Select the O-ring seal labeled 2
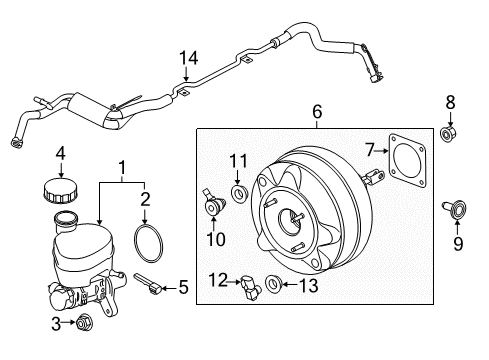tap(148, 244)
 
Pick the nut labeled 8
tap(450, 133)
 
